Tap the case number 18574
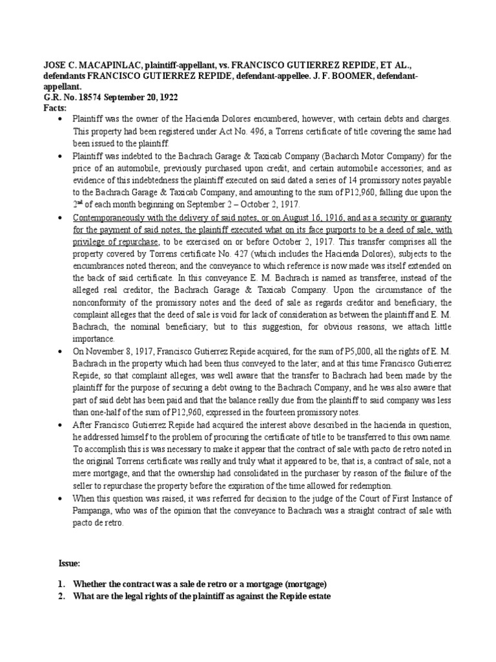point(83,98)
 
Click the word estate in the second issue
point(318,597)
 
